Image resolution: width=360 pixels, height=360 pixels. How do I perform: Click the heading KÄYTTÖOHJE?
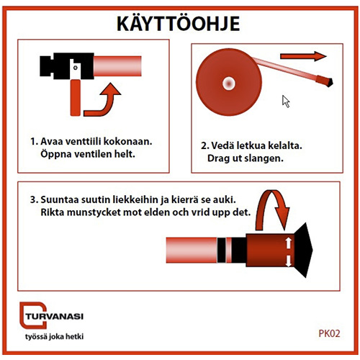[x=178, y=23]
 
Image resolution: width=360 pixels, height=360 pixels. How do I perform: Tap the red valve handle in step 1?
[x=76, y=98]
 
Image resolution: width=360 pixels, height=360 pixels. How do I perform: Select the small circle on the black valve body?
[x=76, y=68]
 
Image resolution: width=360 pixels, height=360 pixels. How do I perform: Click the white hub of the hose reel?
[x=229, y=84]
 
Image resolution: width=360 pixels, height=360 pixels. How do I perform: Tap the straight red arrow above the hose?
[x=303, y=56]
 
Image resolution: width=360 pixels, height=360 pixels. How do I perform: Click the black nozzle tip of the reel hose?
[x=328, y=82]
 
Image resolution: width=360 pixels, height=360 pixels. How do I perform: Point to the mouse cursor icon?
[x=286, y=102]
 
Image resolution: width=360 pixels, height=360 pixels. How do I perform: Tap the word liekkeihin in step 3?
[x=135, y=199]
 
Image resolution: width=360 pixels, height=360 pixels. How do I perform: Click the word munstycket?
[x=94, y=212]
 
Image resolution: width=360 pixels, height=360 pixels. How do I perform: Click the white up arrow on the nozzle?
[x=288, y=243]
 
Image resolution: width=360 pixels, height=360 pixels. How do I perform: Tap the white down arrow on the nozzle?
[x=288, y=261]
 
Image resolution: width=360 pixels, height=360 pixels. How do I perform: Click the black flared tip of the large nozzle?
[x=304, y=250]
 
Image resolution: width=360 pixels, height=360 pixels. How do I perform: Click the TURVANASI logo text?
[x=55, y=317]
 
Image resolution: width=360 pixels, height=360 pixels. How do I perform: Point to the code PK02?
[x=329, y=333]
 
